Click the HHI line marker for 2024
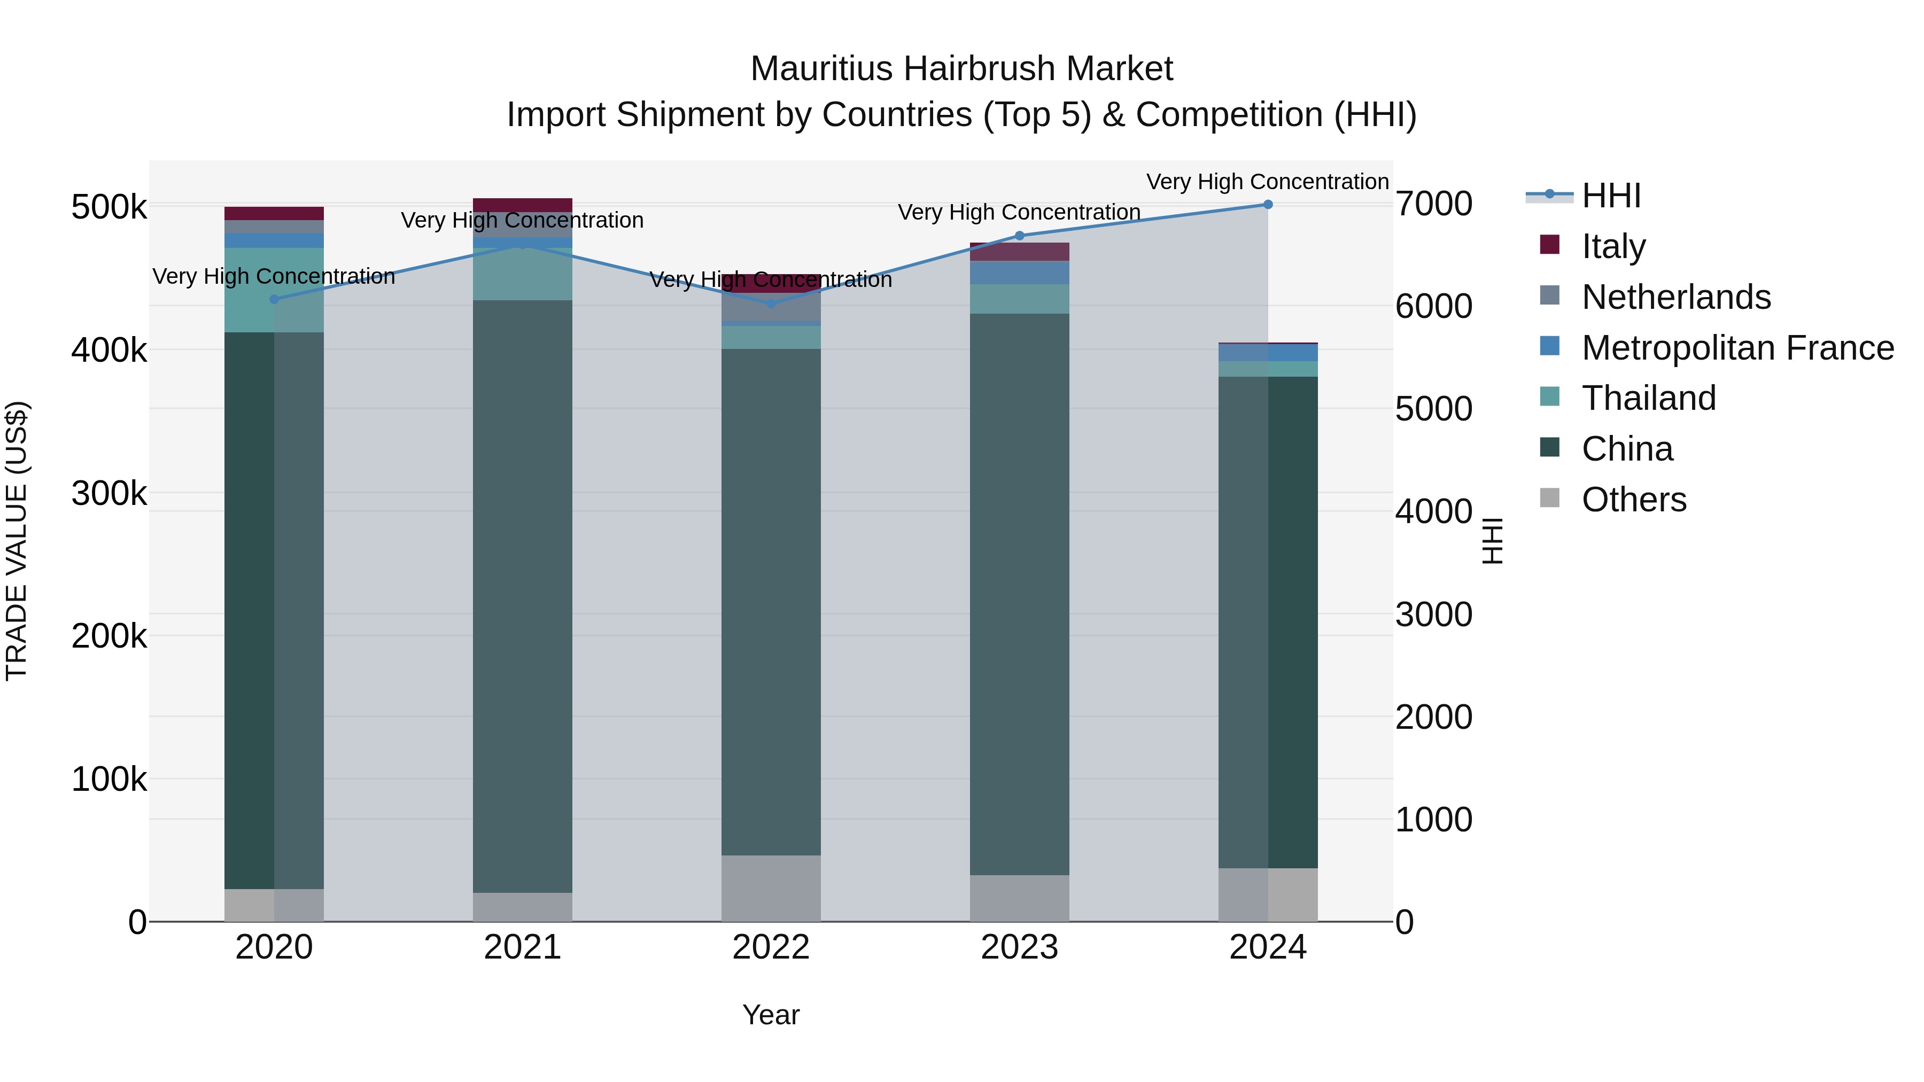(1268, 205)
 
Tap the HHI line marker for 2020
(274, 299)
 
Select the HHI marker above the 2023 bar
(1020, 236)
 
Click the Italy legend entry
(1613, 246)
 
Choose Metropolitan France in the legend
(1737, 348)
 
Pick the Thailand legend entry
(1648, 398)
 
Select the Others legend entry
(1633, 500)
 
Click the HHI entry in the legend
(1611, 196)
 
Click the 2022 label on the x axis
(771, 947)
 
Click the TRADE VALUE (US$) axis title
(17, 541)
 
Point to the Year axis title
(771, 1015)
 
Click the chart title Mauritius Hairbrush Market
(961, 69)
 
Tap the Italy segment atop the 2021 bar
(523, 205)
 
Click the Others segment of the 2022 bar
(771, 888)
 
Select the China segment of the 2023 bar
(1020, 594)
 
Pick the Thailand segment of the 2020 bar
(274, 290)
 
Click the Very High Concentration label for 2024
(1268, 182)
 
